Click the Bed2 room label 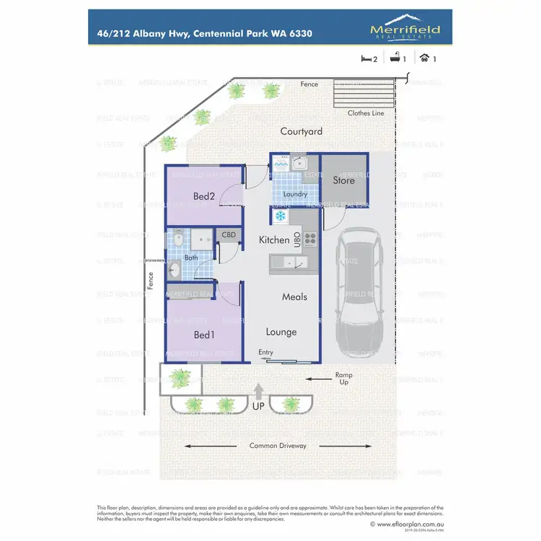click(x=204, y=196)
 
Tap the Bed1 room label click(x=204, y=335)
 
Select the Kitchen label click(x=273, y=240)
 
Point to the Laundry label click(x=295, y=194)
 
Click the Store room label click(x=343, y=180)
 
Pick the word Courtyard click(x=302, y=131)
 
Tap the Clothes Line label click(x=366, y=113)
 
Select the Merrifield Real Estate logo click(x=405, y=28)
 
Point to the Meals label click(x=294, y=296)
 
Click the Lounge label click(x=281, y=332)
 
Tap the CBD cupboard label click(x=228, y=235)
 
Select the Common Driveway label click(x=278, y=446)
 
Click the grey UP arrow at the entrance click(x=258, y=392)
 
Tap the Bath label click(x=190, y=258)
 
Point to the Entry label click(x=266, y=352)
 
